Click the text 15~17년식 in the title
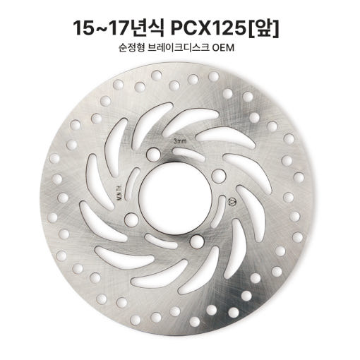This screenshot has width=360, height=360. click(x=119, y=28)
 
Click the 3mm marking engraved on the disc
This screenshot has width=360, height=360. click(x=180, y=141)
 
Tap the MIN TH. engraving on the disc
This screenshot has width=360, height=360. click(x=119, y=193)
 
